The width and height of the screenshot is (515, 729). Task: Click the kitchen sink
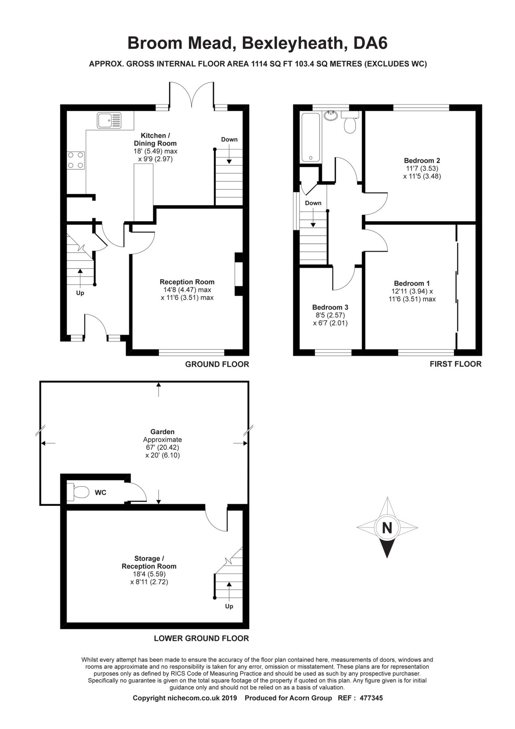109,120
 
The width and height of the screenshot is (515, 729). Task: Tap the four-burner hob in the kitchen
76,160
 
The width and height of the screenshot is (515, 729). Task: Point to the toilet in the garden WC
79,492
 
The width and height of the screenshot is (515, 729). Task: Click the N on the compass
387,528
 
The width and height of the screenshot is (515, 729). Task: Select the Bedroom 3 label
330,307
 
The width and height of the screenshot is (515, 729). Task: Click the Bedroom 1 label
412,283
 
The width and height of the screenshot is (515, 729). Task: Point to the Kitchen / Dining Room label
155,139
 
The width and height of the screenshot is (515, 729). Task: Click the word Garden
162,432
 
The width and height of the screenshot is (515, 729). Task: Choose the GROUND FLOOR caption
217,364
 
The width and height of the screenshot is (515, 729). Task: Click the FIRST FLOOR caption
455,364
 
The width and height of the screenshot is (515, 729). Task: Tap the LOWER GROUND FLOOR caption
201,638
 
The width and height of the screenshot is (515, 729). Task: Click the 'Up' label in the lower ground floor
229,606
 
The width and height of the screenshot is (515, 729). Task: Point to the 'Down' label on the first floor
313,203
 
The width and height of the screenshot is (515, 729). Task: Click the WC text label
100,492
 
